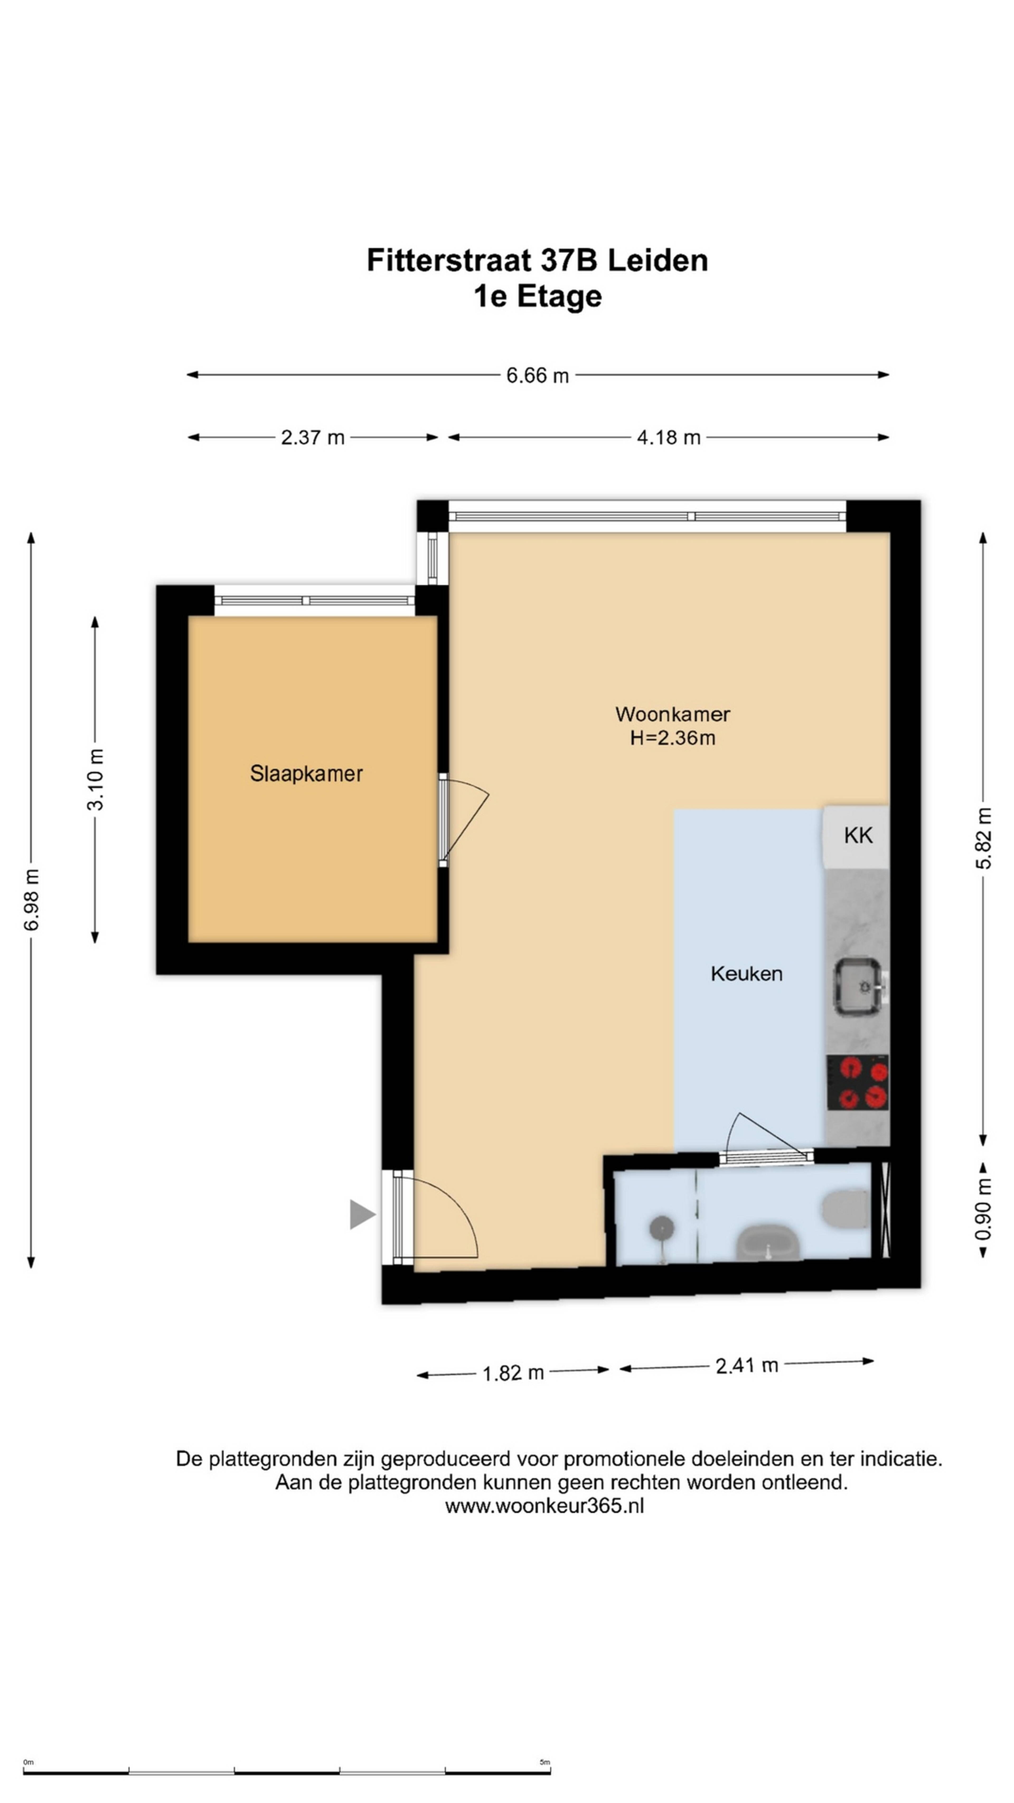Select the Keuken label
[x=746, y=974]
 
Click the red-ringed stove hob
[x=858, y=1083]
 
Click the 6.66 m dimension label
[x=537, y=376]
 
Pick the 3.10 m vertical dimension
[x=95, y=779]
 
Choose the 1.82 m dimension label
[x=513, y=1372]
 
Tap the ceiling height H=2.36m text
[x=673, y=738]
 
